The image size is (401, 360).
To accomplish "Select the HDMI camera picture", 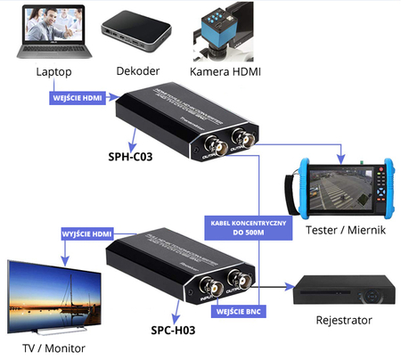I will (x=227, y=31).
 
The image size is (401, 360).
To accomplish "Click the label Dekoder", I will (x=136, y=70).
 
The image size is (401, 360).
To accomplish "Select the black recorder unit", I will (x=343, y=288).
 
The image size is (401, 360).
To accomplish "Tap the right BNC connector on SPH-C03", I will (x=240, y=139).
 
